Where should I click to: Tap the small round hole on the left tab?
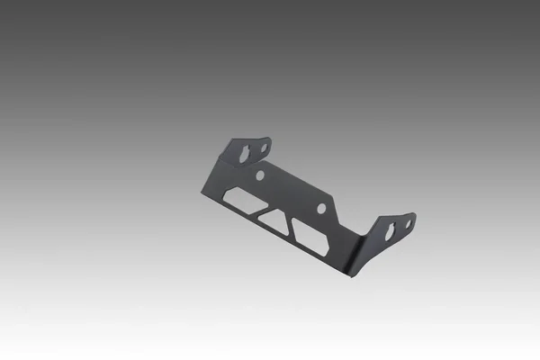tap(265, 147)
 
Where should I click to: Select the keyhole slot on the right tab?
tap(391, 232)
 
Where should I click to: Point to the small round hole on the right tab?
tap(408, 223)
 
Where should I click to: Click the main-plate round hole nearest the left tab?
tap(260, 175)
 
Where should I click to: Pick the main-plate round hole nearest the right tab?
tap(321, 208)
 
